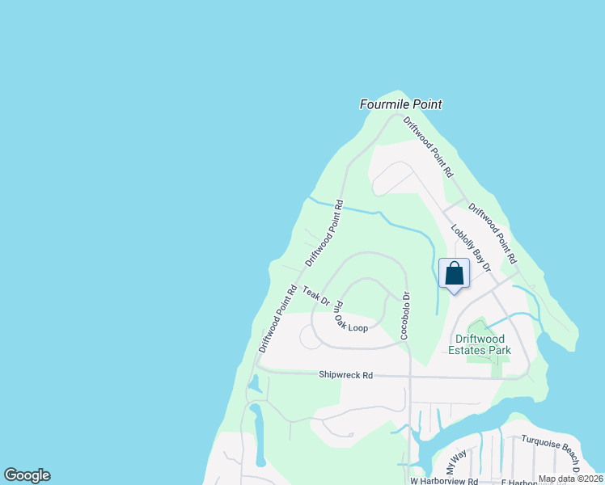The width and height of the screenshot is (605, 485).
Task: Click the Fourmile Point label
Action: coord(401,104)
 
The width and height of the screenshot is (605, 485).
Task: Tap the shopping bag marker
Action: coord(454,273)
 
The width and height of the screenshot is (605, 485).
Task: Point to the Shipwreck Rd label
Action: coord(345,375)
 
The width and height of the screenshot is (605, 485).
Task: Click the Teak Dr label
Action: coord(316,296)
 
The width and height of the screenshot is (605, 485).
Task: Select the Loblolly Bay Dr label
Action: coord(471,247)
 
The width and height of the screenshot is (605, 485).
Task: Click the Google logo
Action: coord(27,475)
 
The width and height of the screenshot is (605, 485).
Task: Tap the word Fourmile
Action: coord(383,104)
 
